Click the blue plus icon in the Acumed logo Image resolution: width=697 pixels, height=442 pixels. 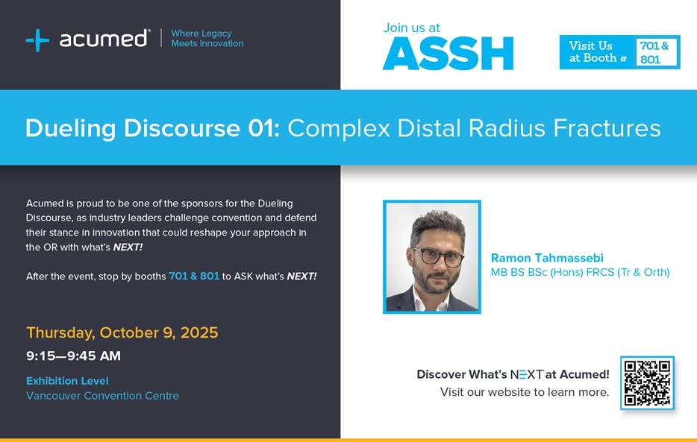pyautogui.click(x=37, y=40)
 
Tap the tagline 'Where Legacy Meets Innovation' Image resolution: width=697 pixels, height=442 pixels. pyautogui.click(x=207, y=38)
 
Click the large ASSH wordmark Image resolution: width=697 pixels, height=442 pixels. pyautogui.click(x=448, y=54)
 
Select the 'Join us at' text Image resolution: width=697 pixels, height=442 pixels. pyautogui.click(x=411, y=28)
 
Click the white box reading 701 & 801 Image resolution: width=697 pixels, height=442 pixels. pyautogui.click(x=656, y=52)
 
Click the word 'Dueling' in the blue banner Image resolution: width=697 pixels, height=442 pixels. pyautogui.click(x=71, y=129)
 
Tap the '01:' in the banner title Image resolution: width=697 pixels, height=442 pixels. pyautogui.click(x=264, y=128)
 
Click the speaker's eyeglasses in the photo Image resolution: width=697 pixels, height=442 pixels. pyautogui.click(x=438, y=256)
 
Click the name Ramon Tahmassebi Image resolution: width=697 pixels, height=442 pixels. pyautogui.click(x=547, y=258)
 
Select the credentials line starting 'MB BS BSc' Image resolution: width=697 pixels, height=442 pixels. pyautogui.click(x=580, y=272)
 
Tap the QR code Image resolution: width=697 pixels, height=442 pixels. pyautogui.click(x=647, y=383)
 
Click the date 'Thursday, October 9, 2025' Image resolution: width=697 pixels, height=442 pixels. pyautogui.click(x=122, y=333)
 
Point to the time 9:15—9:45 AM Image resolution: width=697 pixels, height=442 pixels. pyautogui.click(x=73, y=356)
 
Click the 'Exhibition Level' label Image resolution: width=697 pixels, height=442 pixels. pyautogui.click(x=67, y=381)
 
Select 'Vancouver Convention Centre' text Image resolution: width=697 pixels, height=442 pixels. pyautogui.click(x=103, y=395)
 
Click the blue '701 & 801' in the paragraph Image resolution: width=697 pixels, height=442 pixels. pyautogui.click(x=194, y=276)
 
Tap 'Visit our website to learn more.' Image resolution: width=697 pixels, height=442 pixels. pyautogui.click(x=525, y=392)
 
